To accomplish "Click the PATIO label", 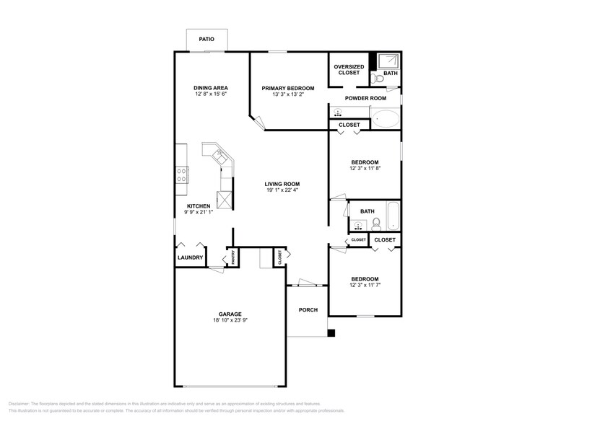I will pos(206,38).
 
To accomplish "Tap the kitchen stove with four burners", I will pos(182,175).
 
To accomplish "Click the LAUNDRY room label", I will pos(191,257).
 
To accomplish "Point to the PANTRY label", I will pos(232,258).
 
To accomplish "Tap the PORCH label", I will pos(308,310).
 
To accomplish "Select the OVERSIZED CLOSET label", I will pos(349,70).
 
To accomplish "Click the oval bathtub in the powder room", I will pos(385,118).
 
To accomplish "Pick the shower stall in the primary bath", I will pos(389,61).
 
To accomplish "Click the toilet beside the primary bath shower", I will pos(378,78).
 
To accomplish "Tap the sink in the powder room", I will pos(338,112).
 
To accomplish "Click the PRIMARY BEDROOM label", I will pos(287,87).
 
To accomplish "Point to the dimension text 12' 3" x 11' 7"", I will pos(365,286).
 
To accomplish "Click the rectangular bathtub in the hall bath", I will pos(394,214).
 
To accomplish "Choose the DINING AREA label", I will pos(211,87).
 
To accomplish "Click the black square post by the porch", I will pos(331,333).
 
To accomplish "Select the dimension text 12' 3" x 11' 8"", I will pos(365,169).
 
